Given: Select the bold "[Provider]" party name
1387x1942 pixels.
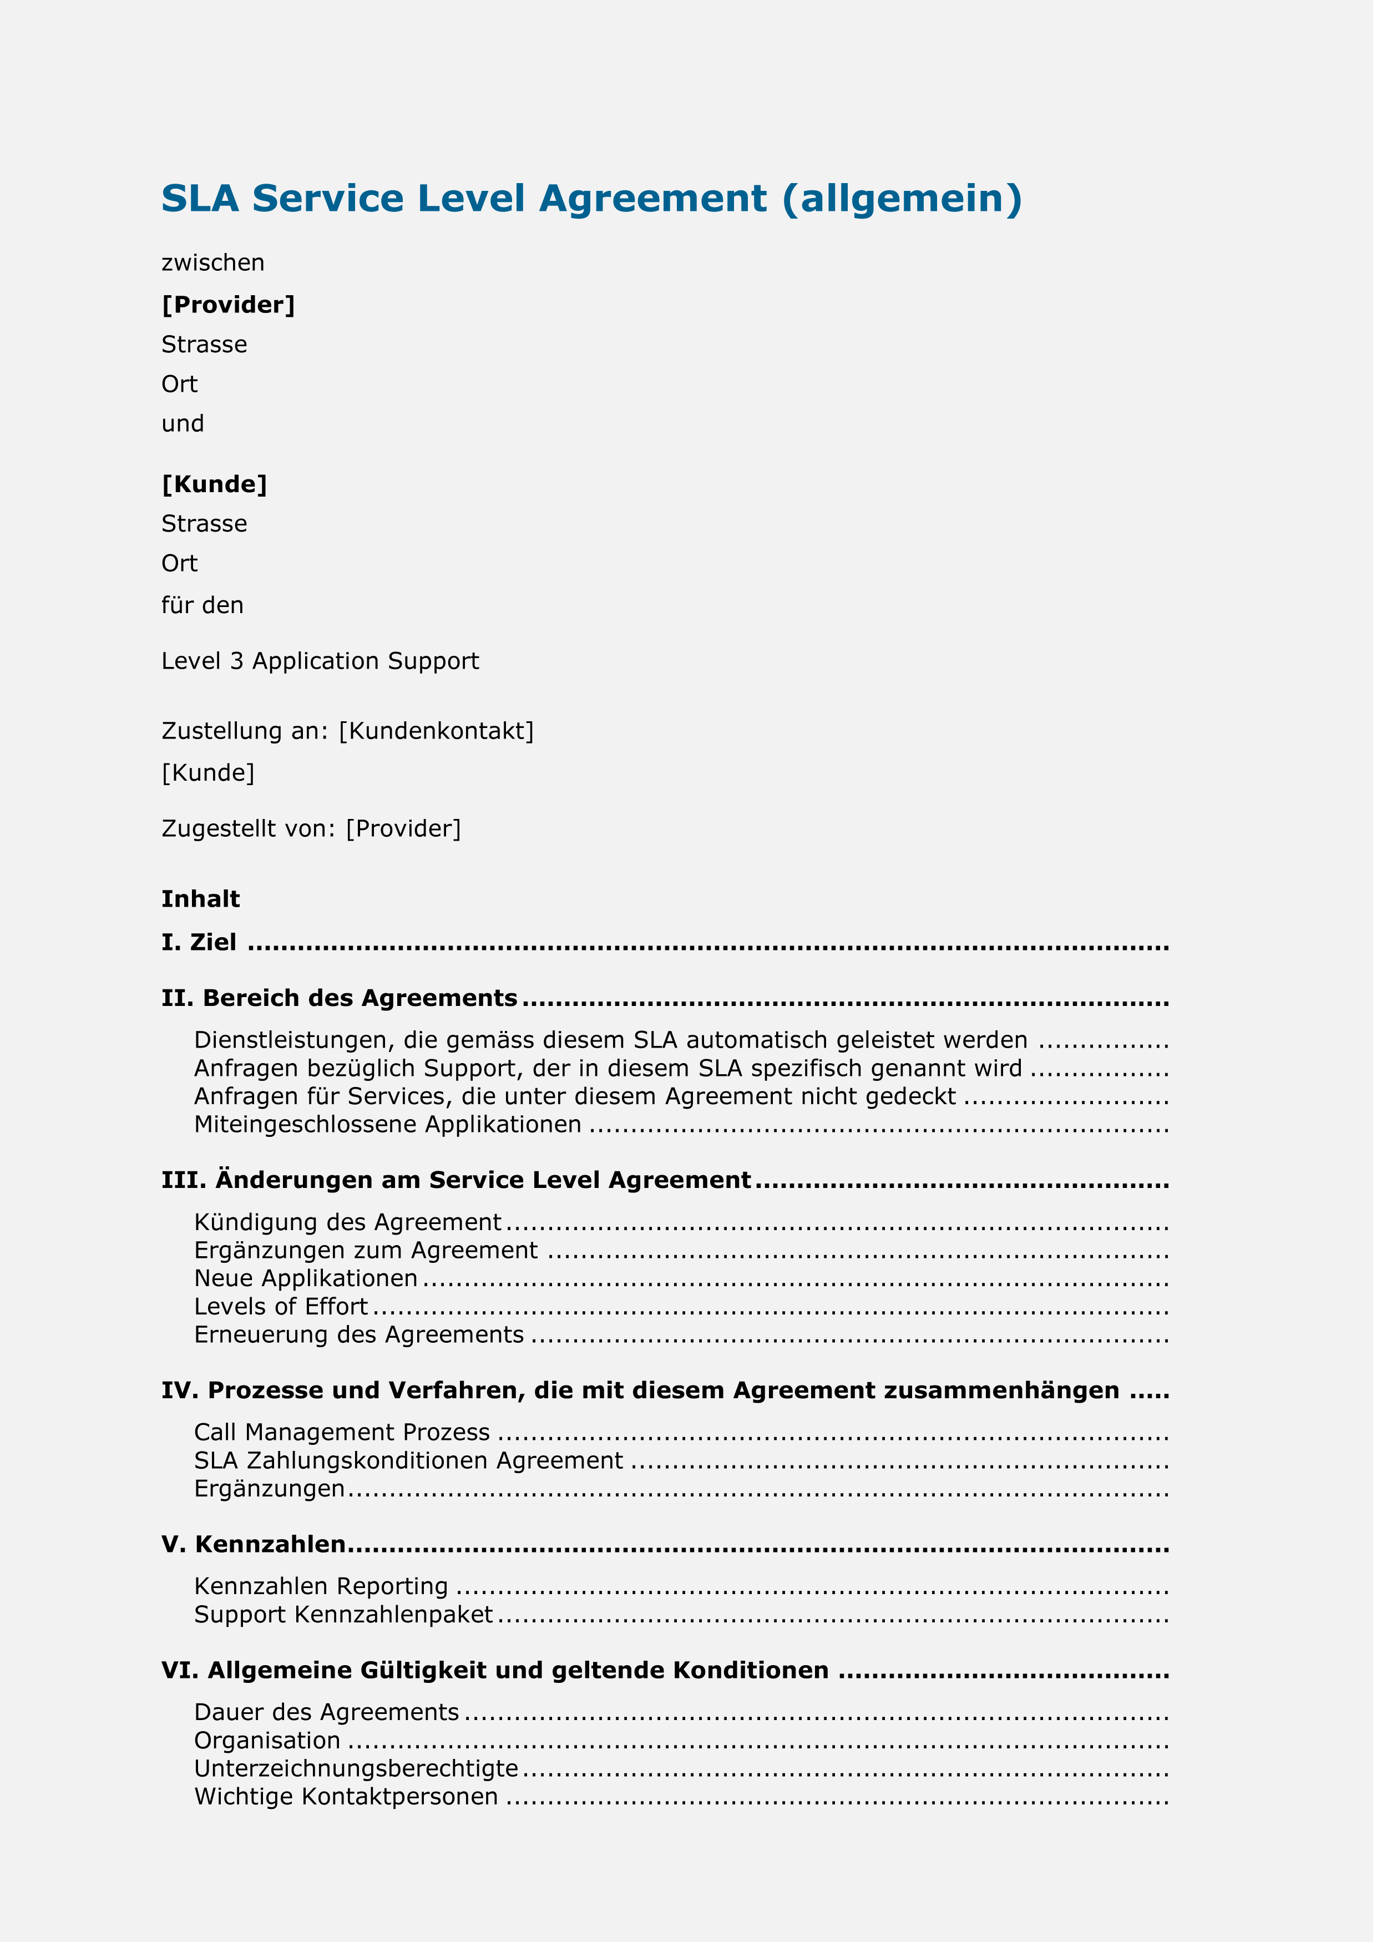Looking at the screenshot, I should click(x=230, y=306).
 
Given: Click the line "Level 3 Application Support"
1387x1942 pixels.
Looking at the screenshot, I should click(x=323, y=667).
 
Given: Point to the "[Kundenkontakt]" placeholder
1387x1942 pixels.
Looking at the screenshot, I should click(x=440, y=738).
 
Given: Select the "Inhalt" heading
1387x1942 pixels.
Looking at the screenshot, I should click(x=203, y=907).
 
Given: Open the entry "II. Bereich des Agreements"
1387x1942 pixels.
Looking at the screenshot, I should click(x=342, y=1007).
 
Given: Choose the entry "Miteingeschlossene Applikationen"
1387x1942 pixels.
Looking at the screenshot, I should click(x=391, y=1135).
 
